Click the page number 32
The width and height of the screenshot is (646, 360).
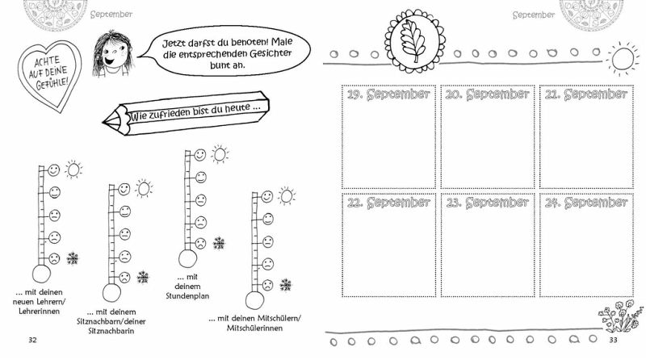tap(32, 339)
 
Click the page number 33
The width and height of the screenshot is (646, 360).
tap(613, 340)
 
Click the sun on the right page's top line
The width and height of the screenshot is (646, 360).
tap(621, 59)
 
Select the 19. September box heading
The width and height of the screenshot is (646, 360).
tap(388, 94)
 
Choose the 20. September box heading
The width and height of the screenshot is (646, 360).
tap(488, 94)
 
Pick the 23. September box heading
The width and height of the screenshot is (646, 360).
tap(488, 203)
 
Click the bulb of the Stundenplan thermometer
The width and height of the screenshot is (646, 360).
tap(187, 259)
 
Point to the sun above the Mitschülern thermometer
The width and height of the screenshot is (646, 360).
tap(287, 195)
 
